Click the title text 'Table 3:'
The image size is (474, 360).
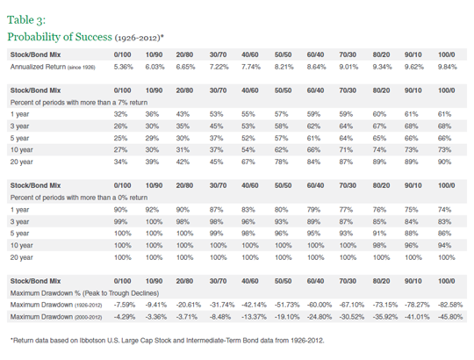(26, 20)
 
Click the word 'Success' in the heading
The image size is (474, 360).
(93, 37)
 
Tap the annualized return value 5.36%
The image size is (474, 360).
(124, 67)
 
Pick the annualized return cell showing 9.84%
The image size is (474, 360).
(448, 67)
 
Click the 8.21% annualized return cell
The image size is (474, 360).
(284, 67)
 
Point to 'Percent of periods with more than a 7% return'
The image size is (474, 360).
(79, 103)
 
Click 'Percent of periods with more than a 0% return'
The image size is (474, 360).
(79, 198)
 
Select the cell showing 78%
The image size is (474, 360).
(281, 162)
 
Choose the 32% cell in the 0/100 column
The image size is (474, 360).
(120, 114)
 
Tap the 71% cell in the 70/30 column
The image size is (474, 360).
(346, 150)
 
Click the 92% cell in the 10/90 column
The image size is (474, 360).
(152, 210)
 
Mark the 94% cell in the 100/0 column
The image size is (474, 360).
(444, 246)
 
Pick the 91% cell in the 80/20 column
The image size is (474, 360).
(379, 234)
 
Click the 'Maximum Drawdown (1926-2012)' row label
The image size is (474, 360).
(56, 305)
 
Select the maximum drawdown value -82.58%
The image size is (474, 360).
(450, 305)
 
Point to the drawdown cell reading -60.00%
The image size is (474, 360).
(320, 305)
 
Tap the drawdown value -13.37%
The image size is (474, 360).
(254, 317)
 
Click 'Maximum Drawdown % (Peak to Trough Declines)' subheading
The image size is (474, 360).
(84, 293)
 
